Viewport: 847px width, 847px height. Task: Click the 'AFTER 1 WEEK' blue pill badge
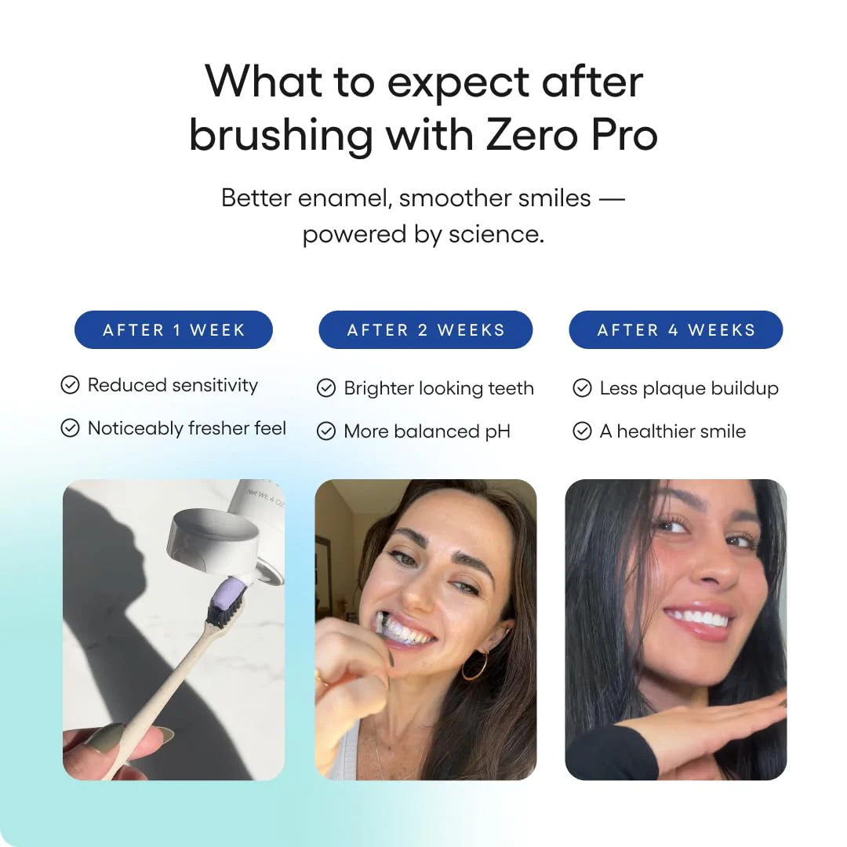click(173, 329)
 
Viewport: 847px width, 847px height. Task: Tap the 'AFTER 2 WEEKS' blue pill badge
click(426, 329)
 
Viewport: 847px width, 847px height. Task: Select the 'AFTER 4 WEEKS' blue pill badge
click(676, 329)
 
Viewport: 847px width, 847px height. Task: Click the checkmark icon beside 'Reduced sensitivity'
click(71, 385)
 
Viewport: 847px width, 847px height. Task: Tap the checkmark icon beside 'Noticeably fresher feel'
click(71, 428)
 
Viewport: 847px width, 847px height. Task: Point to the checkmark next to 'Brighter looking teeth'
click(326, 388)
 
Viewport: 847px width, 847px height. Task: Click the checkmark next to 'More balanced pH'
click(326, 431)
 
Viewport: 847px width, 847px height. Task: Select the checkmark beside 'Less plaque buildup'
click(582, 388)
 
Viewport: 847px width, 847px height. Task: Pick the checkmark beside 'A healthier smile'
click(582, 431)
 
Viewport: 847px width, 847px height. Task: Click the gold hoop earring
click(475, 664)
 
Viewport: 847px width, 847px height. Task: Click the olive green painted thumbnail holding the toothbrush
click(107, 738)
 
